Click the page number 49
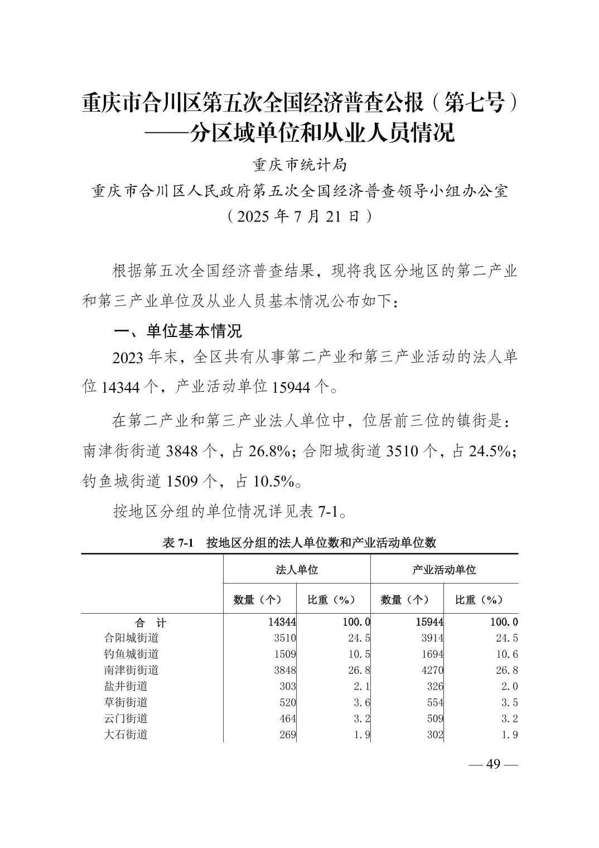coord(493,764)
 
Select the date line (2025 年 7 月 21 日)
coord(299,216)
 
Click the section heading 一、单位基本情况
coord(178,331)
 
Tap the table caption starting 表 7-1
coord(299,542)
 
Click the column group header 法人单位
coord(297,570)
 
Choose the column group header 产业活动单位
coord(444,570)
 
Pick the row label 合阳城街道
coord(132,638)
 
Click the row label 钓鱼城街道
coord(132,654)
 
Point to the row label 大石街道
coord(126,735)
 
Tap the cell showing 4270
coord(432,670)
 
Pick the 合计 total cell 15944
coord(429,622)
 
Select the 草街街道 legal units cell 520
coord(288,702)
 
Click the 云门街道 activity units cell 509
coord(434,719)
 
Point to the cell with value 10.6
coord(506,654)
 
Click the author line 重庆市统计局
coord(299,165)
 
